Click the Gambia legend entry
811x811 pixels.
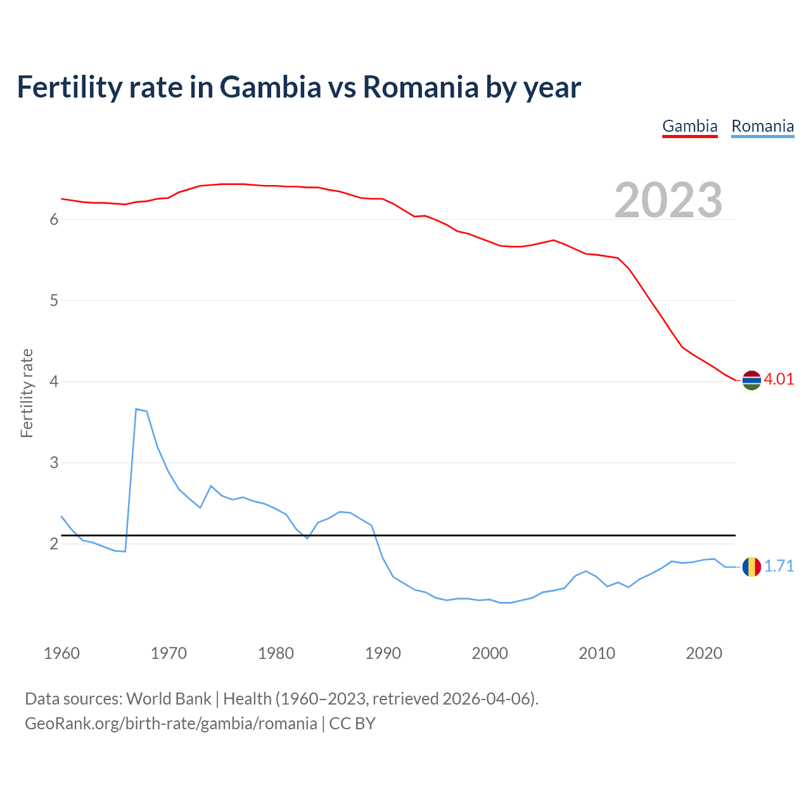689,126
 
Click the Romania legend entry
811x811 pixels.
762,126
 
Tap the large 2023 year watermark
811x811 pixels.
668,200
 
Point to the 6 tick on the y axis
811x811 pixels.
54,219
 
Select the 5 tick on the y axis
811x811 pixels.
54,300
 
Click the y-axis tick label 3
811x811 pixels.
54,463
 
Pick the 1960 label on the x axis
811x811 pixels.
61,653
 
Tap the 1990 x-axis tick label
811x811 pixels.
383,653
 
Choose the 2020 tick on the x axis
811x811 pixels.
704,653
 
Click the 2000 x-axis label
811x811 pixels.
490,653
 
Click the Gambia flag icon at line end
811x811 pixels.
751,380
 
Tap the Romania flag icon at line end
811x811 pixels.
751,566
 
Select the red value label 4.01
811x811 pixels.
779,379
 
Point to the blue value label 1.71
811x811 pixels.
779,566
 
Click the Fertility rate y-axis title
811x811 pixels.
27,393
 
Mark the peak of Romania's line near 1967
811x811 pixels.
136,409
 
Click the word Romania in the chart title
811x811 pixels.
421,87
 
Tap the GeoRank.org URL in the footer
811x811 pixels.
171,723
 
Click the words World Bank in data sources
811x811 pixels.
169,698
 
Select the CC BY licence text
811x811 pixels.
352,723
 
